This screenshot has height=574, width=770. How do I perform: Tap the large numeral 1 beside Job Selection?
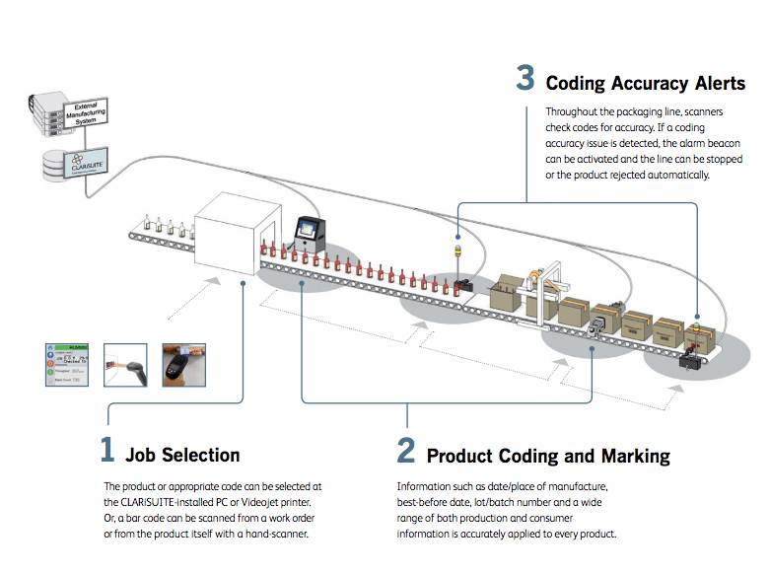pyautogui.click(x=107, y=450)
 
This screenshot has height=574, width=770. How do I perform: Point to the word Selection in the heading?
pyautogui.click(x=201, y=455)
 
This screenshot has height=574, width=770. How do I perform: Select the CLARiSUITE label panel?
pyautogui.click(x=87, y=160)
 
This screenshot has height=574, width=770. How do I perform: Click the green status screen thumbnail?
pyautogui.click(x=68, y=366)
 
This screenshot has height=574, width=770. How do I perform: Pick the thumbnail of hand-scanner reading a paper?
pyautogui.click(x=127, y=366)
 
